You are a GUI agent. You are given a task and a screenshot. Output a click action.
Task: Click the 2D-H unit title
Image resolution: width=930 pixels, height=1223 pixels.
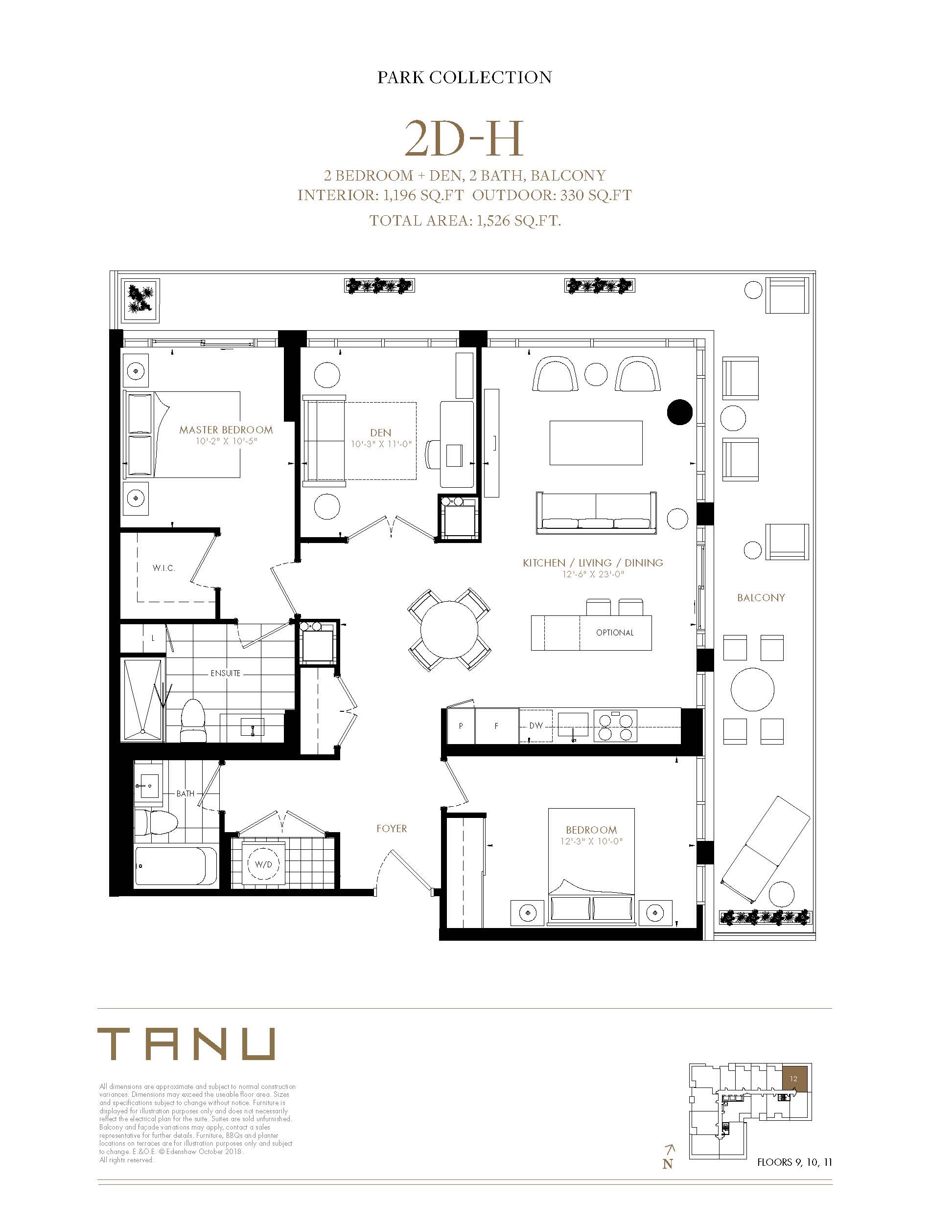(464, 139)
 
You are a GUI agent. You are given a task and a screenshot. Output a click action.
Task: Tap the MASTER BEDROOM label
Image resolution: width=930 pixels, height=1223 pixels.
(226, 430)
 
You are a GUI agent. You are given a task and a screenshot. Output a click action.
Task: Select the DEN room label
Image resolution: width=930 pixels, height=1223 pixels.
(381, 432)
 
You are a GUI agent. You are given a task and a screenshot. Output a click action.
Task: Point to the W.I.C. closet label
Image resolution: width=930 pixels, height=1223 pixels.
(164, 568)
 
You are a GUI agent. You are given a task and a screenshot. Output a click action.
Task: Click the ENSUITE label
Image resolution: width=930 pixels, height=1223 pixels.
(225, 673)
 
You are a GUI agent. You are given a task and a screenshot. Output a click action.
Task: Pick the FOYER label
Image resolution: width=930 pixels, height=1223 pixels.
(392, 829)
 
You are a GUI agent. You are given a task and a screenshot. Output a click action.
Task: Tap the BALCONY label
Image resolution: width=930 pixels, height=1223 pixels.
(761, 597)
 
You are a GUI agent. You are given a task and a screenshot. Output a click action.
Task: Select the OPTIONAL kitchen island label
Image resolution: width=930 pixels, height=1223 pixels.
(615, 632)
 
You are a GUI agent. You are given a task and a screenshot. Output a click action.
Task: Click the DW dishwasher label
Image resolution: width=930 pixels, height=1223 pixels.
(536, 725)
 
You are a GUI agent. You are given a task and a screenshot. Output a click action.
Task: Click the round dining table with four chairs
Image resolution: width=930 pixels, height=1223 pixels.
(449, 630)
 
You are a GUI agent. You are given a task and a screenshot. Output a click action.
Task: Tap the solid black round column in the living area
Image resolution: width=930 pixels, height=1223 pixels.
(680, 412)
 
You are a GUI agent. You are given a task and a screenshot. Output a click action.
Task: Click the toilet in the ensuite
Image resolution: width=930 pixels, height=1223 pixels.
(193, 720)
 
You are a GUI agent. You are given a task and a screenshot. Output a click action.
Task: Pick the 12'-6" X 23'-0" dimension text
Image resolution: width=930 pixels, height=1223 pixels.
(593, 575)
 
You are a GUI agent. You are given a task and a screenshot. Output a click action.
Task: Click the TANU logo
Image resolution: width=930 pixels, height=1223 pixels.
(186, 1044)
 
